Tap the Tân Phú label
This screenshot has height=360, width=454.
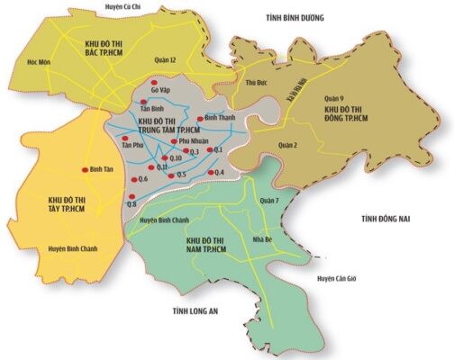(132, 145)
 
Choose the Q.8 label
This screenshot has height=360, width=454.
(132, 204)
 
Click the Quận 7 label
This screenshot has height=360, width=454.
(268, 200)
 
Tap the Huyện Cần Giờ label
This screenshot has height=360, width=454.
(338, 279)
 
